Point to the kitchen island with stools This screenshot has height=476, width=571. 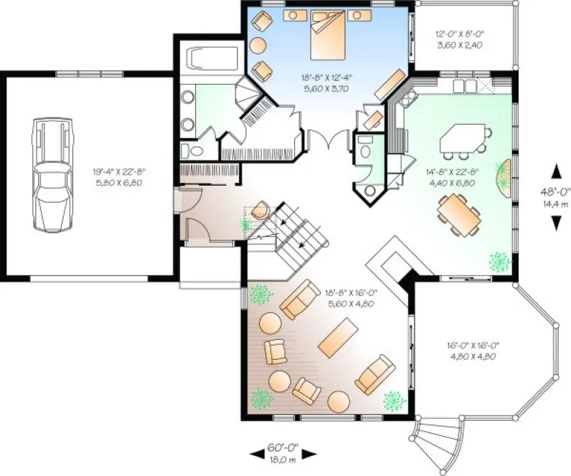coord(463,140)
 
